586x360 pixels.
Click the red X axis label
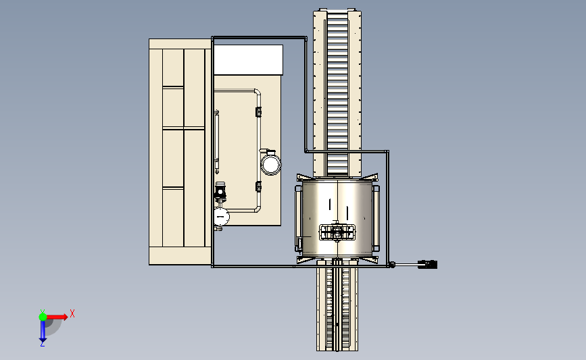coord(72,313)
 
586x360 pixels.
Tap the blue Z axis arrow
coord(43,331)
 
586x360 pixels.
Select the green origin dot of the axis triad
coord(43,317)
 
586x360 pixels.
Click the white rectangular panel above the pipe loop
coord(248,59)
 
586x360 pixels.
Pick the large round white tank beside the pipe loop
coord(270,164)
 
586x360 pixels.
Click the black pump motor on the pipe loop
coord(220,190)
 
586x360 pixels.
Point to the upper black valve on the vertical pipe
coord(258,111)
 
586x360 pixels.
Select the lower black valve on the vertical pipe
coord(258,186)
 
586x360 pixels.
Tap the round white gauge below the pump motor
coord(220,217)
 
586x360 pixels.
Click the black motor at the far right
coord(428,264)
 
